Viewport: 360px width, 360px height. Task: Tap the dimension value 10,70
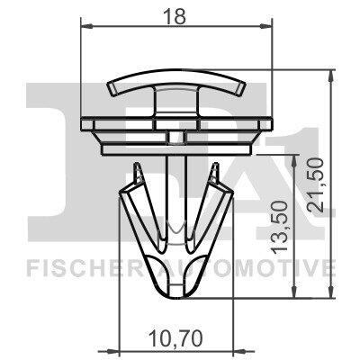point(175,338)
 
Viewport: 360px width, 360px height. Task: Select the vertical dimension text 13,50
point(280,228)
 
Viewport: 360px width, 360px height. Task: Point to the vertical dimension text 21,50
point(316,185)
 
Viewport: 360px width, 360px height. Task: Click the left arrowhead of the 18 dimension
point(86,26)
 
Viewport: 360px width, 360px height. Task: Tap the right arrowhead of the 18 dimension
point(265,26)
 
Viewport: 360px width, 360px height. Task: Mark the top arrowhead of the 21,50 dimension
point(330,76)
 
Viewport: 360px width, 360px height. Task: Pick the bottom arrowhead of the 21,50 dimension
point(330,292)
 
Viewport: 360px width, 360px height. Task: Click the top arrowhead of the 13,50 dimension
point(295,161)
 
